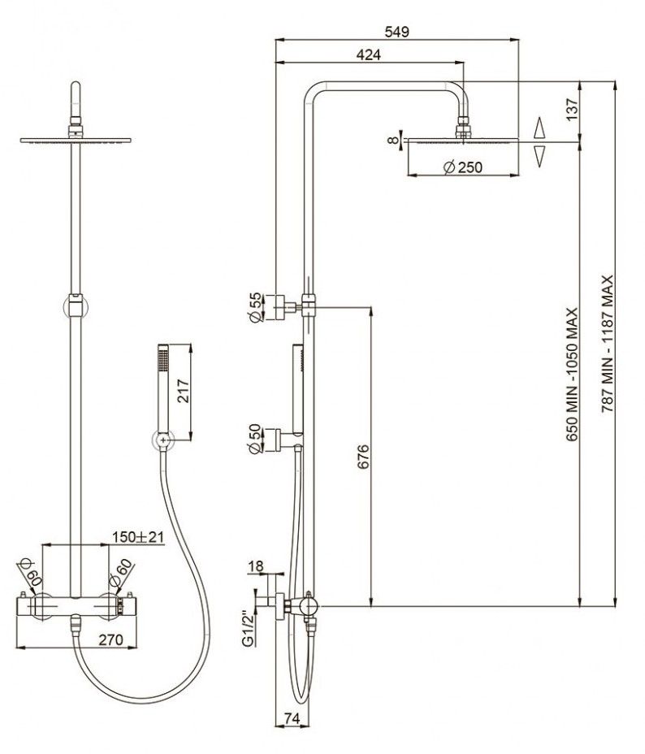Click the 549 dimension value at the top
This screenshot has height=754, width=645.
coord(396,32)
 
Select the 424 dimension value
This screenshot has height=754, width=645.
coord(370,54)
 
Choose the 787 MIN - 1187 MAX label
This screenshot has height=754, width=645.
coord(604,344)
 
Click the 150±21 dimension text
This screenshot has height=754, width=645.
coord(139,537)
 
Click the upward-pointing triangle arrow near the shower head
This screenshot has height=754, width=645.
coord(539,128)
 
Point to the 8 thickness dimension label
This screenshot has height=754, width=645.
coord(394,141)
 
